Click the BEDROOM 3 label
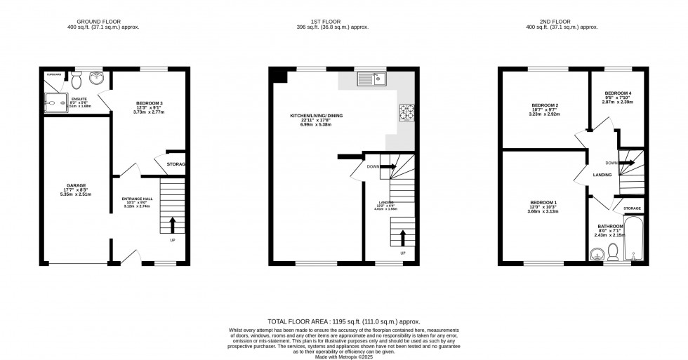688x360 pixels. point(149,103)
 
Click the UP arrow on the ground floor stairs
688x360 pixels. point(173,225)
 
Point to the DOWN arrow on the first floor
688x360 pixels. point(389,168)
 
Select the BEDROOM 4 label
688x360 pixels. point(618,93)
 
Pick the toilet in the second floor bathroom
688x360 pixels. point(612,252)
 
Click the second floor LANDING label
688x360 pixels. point(602,175)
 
